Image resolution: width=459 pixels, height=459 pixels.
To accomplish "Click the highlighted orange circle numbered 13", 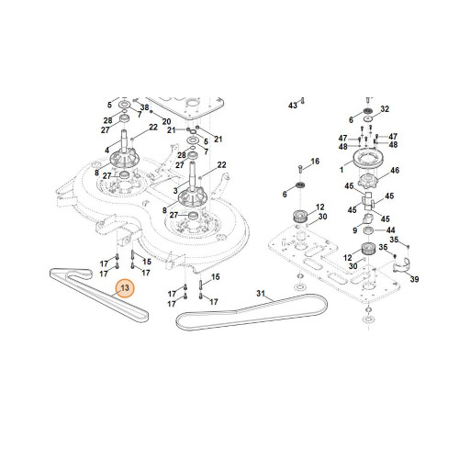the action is click(125, 288).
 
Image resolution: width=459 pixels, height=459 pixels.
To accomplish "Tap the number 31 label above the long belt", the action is click(261, 294).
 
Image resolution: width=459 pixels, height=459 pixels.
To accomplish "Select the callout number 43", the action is click(293, 106).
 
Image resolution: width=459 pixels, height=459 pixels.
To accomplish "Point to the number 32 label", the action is click(385, 109).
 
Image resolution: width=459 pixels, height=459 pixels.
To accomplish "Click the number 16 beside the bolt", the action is click(315, 162).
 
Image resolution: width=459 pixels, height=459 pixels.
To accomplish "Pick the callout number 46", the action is click(395, 170).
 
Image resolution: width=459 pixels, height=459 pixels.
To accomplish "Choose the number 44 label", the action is click(391, 230).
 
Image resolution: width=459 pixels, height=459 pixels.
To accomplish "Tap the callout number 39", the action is click(414, 279).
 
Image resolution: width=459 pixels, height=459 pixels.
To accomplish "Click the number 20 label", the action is click(166, 121).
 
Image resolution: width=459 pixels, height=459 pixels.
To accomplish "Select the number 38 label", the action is click(144, 107).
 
